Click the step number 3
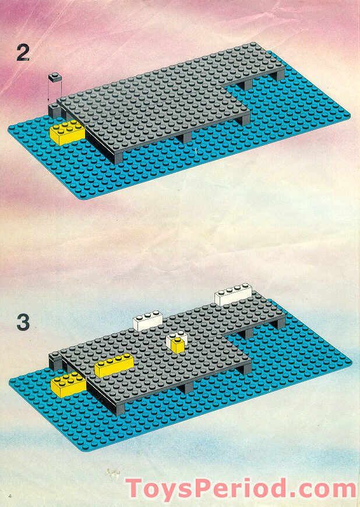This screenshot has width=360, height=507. pyautogui.click(x=23, y=322)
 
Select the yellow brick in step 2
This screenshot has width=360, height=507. pyautogui.click(x=67, y=132)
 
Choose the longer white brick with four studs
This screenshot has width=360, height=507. pyautogui.click(x=233, y=295)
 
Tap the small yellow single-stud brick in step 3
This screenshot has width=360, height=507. pyautogui.click(x=178, y=345)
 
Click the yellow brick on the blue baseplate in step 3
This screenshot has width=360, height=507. pyautogui.click(x=68, y=384)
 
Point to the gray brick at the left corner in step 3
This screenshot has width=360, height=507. pyautogui.click(x=56, y=361)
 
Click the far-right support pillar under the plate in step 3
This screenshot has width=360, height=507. pyautogui.click(x=281, y=322)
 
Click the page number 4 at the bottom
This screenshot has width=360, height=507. pyautogui.click(x=10, y=495)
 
